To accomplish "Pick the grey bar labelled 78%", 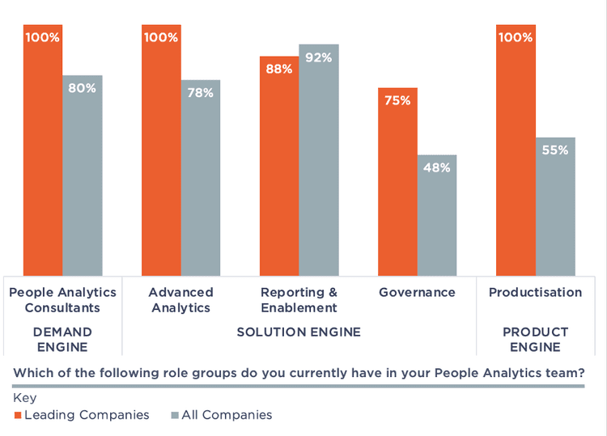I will coord(201,178).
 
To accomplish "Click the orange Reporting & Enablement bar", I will coord(279,166).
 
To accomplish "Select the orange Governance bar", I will coord(397,182).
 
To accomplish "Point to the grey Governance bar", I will coord(437,215).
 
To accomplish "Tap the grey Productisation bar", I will coord(555,206).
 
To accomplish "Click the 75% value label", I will coord(397,100).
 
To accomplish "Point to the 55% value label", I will coord(555,150).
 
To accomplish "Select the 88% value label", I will coord(279,69).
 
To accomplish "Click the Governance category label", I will coord(417,292).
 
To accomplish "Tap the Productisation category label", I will coord(535,292).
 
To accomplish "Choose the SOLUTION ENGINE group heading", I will coord(299,332).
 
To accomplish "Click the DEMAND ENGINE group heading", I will coord(62,339).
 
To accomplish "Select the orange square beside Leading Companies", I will coord(18,415).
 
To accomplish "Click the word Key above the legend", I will coord(24,398).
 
